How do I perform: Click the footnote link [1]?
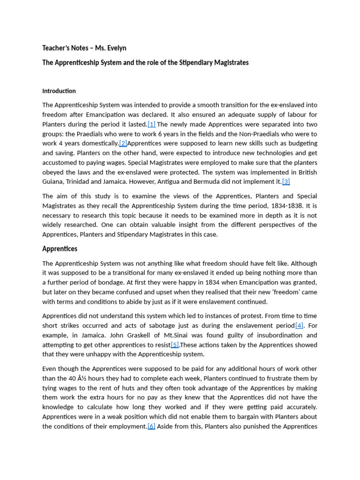(151, 124)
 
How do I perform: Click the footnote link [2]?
(123, 143)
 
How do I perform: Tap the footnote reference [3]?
(286, 181)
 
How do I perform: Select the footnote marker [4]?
(299, 325)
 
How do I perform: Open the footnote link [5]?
(175, 345)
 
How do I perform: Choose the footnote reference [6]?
(151, 426)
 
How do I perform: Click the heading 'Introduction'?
(59, 91)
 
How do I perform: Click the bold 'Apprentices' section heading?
(60, 248)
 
